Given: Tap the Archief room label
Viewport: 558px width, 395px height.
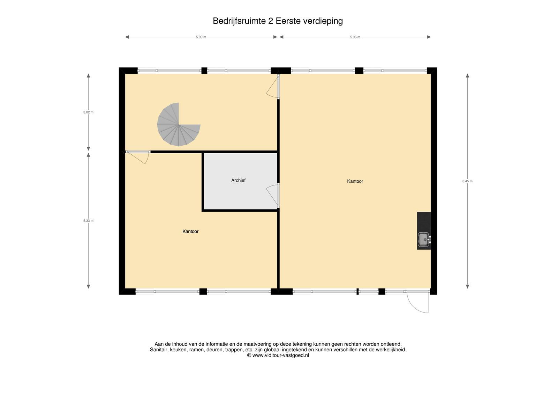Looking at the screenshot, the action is pos(239,181).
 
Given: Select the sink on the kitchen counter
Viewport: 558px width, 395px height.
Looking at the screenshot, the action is pos(423,239).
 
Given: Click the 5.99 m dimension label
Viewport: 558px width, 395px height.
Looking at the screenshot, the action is pos(201,37).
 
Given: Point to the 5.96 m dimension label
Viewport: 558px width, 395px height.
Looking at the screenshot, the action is pos(355,37).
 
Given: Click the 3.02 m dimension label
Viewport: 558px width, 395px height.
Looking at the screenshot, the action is pos(89,112).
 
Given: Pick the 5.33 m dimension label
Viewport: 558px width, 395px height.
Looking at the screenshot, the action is pos(89,221).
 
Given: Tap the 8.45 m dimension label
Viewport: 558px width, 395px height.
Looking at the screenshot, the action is pos(467,181).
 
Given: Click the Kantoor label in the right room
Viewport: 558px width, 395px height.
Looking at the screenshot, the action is pos(355,181).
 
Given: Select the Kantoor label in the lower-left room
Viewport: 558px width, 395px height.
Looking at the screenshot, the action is pos(190,232).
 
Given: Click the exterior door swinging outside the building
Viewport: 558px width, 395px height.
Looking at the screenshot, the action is pos(417,302).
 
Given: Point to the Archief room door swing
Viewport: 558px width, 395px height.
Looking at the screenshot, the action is pos(273,196).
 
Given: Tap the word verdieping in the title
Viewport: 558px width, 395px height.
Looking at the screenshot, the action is pos(323,21).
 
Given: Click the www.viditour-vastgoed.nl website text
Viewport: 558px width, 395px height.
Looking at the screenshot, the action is pos(280,355).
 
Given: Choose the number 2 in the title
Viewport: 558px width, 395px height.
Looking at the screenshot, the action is pos(271,21).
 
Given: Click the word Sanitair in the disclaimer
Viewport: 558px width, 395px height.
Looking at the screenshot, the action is pos(159,350).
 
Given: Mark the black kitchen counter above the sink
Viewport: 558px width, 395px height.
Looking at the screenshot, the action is pos(424,222).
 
